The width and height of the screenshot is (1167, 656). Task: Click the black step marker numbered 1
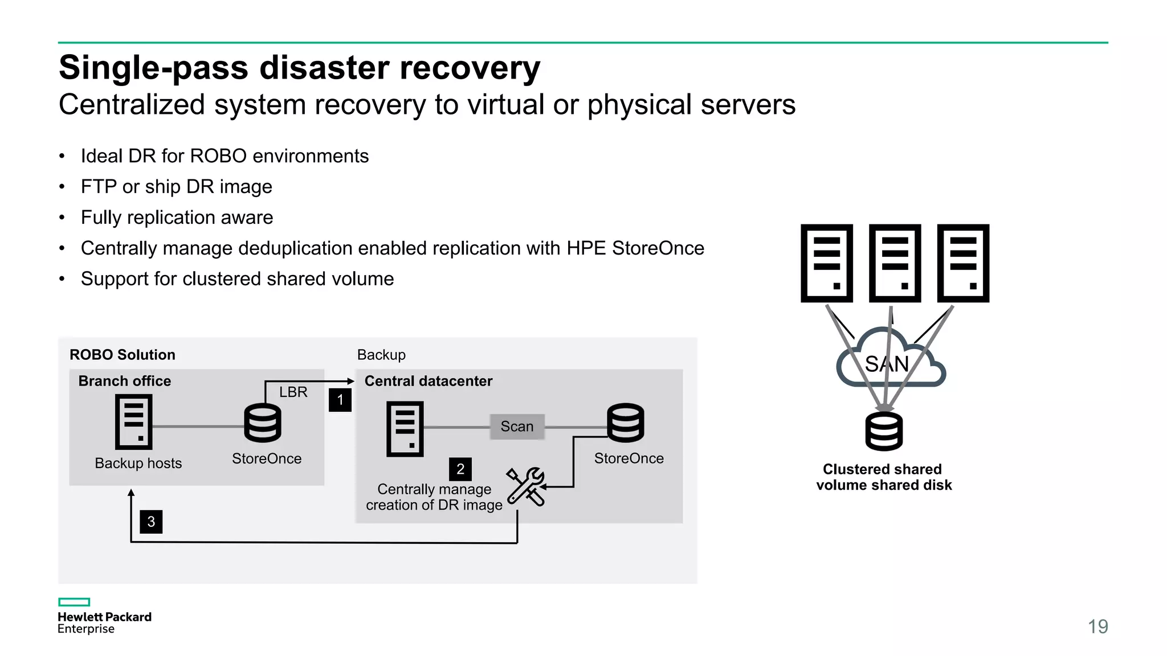tap(340, 400)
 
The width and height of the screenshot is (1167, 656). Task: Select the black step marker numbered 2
tap(460, 469)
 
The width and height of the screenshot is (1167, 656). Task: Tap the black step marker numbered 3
tap(151, 522)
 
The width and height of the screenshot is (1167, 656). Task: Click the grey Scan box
tap(517, 427)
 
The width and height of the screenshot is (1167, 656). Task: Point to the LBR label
tap(293, 392)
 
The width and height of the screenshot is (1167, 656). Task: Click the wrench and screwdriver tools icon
tap(526, 486)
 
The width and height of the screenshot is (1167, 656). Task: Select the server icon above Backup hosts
tap(134, 423)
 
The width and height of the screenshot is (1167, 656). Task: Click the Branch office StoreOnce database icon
tap(263, 423)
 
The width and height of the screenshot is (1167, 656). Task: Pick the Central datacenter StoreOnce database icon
tap(626, 423)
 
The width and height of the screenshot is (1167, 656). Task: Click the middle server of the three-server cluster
tap(895, 263)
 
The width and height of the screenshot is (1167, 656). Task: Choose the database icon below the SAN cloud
tap(884, 432)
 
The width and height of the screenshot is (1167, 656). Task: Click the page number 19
tap(1097, 626)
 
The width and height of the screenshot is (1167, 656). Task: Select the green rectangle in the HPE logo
tap(74, 602)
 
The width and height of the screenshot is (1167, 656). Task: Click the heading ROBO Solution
tap(123, 355)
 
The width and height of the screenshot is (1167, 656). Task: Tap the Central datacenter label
tap(429, 381)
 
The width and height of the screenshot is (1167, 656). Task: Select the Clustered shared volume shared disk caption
tap(883, 477)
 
